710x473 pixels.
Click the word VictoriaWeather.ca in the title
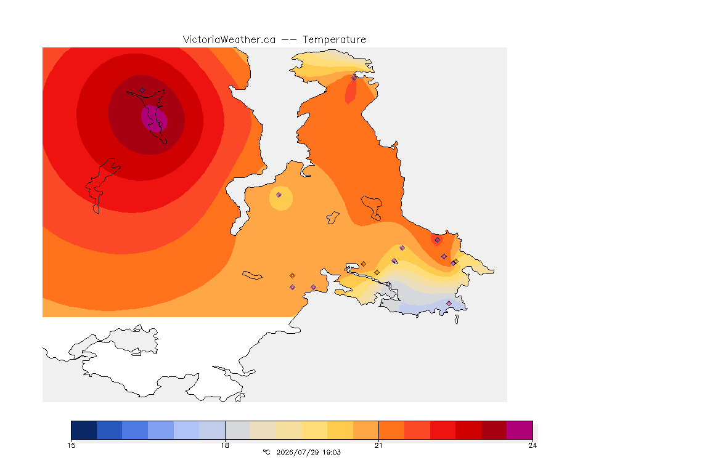[229, 40]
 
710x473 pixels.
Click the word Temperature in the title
[334, 40]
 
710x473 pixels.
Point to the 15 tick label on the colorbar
[71, 445]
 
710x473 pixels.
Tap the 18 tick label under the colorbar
[225, 445]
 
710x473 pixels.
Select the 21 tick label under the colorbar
[378, 445]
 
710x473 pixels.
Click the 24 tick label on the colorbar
[532, 445]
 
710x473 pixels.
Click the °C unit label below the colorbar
[267, 452]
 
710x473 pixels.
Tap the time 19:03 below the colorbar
[332, 452]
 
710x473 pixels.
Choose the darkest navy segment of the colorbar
[84, 430]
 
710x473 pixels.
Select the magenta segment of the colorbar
[520, 430]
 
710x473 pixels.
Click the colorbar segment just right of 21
[392, 430]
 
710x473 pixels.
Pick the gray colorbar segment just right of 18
[238, 430]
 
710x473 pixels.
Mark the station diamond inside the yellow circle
[279, 195]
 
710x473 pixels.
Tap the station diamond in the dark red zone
[142, 91]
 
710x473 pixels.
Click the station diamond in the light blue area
[449, 303]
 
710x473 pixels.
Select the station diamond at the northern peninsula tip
[354, 78]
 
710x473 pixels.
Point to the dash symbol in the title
[289, 40]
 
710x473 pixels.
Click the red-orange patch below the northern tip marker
[351, 91]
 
